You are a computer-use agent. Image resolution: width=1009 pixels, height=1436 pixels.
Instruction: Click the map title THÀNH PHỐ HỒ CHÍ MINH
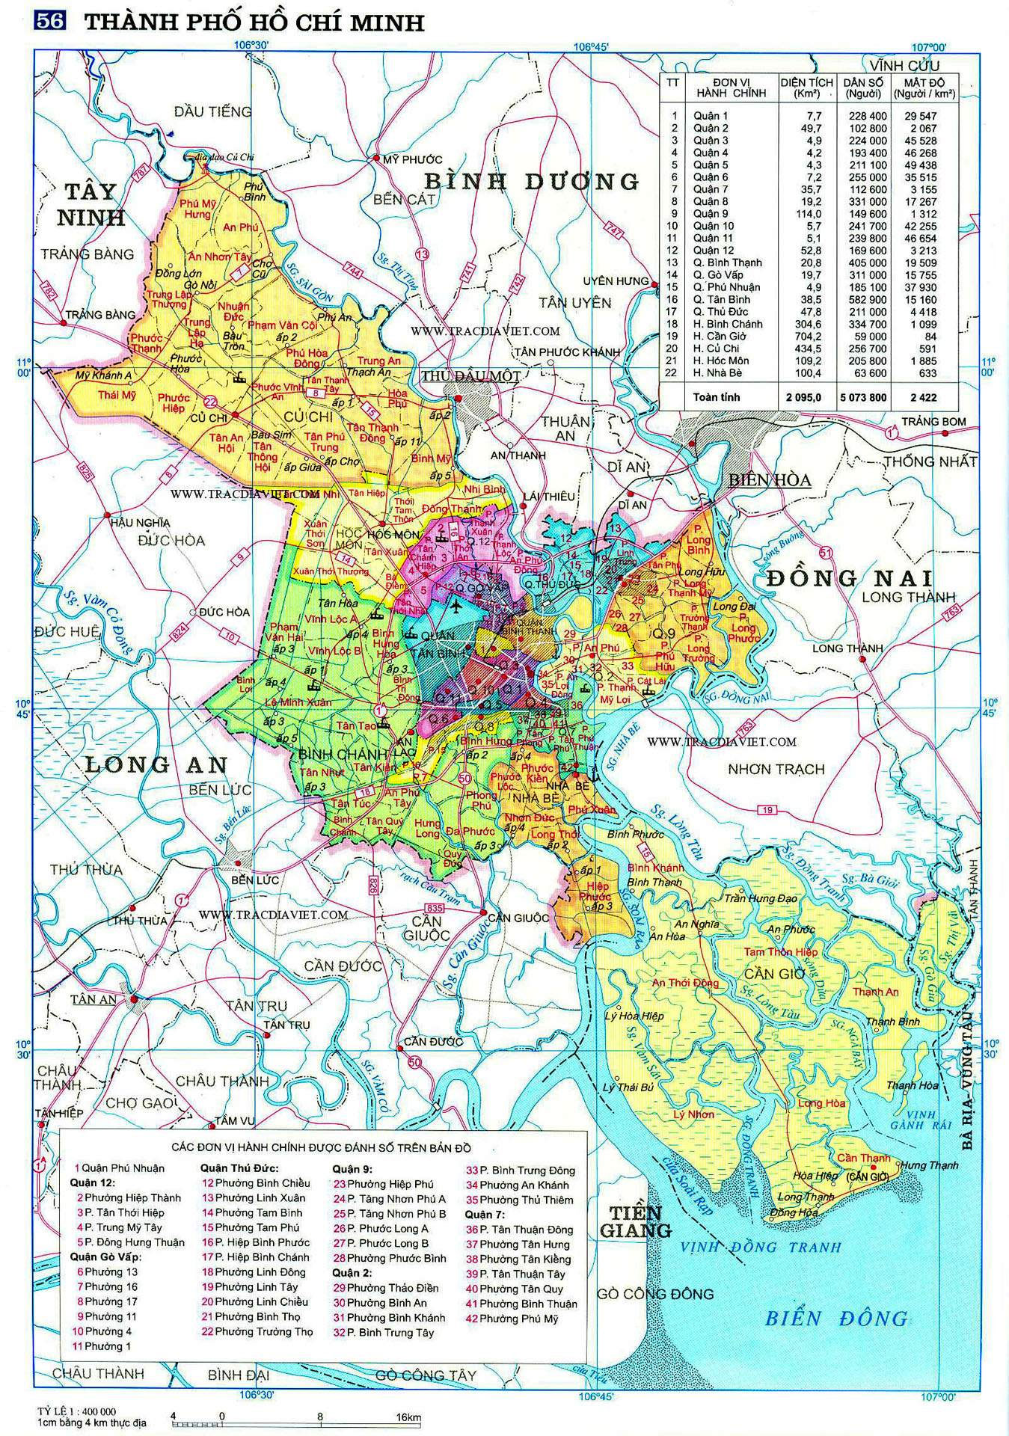pyautogui.click(x=254, y=22)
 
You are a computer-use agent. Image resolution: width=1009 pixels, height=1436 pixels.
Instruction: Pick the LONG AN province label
pyautogui.click(x=156, y=764)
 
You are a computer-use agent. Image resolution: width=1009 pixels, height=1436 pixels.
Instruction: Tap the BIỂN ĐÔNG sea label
pyautogui.click(x=836, y=1317)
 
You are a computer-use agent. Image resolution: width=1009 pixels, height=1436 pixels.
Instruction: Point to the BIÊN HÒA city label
pyautogui.click(x=770, y=480)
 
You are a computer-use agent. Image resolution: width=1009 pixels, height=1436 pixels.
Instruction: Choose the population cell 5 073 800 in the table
pyautogui.click(x=863, y=397)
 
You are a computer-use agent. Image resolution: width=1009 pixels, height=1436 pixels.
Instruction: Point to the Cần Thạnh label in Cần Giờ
pyautogui.click(x=864, y=1159)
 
